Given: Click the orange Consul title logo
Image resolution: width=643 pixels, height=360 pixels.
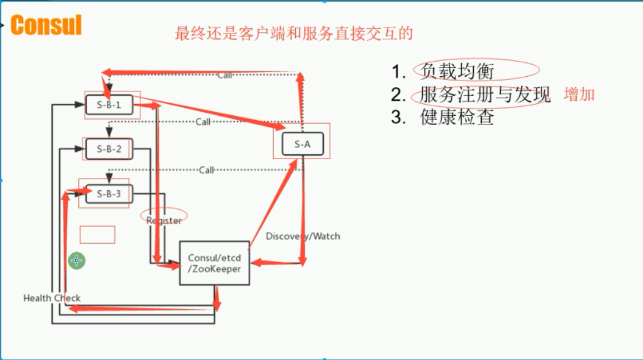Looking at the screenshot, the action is (x=46, y=25).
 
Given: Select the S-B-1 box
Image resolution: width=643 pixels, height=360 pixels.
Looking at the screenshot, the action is (x=109, y=105).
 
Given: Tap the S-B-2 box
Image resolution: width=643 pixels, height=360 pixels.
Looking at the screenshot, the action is (x=109, y=149).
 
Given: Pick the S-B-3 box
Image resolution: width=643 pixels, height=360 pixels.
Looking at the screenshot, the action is (x=109, y=194).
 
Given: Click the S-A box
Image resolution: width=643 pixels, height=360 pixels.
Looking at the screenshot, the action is (x=303, y=144).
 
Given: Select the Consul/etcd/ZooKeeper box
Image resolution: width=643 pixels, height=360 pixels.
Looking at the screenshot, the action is (x=215, y=263).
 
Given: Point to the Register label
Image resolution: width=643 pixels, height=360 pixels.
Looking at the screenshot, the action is (x=164, y=220).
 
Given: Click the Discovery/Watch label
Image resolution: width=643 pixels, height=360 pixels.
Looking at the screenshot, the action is (x=303, y=236).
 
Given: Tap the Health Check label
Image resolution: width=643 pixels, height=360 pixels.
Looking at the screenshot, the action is (x=52, y=298).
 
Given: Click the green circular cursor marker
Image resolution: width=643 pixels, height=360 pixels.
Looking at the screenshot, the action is (x=77, y=260).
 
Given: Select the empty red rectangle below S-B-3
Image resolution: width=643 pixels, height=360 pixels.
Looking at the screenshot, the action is (x=97, y=235).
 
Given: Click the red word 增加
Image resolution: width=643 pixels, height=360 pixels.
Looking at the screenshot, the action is (x=579, y=95).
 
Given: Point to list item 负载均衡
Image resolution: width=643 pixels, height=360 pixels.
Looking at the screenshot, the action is (x=457, y=71).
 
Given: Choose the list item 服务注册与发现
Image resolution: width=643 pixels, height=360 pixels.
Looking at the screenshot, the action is (x=484, y=94).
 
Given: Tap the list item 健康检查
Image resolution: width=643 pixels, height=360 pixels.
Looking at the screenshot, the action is (x=457, y=117).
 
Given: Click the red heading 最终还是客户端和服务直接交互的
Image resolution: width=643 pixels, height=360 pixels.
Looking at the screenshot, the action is (x=294, y=33).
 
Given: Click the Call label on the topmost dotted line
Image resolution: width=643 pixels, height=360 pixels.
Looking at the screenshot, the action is (x=224, y=75).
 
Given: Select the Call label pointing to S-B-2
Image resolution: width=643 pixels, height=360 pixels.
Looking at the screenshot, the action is (x=203, y=122).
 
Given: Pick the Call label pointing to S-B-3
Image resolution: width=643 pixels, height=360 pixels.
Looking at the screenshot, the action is (x=206, y=170).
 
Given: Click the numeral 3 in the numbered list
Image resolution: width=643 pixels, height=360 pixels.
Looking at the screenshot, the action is (x=398, y=117).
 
